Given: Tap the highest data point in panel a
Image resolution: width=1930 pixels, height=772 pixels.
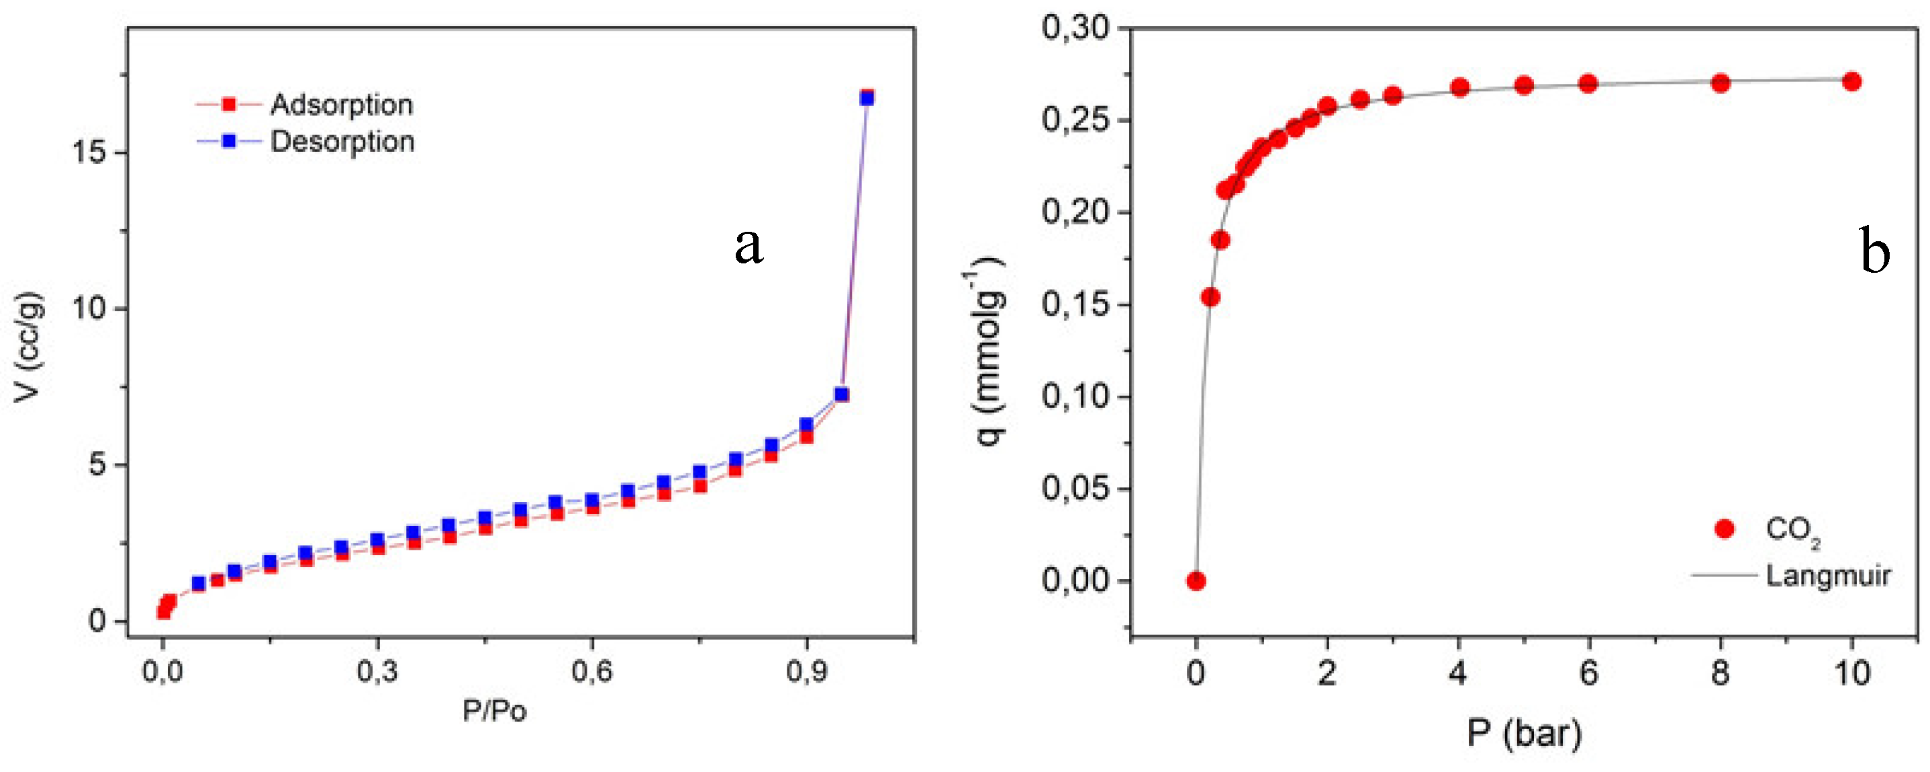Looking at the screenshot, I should [867, 97].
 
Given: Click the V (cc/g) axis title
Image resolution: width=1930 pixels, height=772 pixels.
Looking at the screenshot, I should [28, 347].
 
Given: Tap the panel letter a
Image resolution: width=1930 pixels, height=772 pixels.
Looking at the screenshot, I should [749, 245].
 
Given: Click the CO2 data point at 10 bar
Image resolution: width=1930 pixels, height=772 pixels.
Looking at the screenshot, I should [1851, 82].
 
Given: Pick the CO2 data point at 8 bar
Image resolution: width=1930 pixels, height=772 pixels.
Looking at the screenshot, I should [1720, 83].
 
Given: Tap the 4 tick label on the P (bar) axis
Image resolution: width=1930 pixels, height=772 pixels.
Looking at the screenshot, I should [1457, 673].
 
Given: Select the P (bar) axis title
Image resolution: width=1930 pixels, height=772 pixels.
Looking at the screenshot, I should [1524, 732].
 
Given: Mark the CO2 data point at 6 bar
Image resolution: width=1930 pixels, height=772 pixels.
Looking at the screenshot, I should [1588, 84].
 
